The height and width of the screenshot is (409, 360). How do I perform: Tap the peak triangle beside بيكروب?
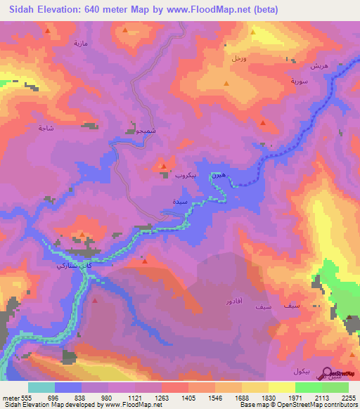164,167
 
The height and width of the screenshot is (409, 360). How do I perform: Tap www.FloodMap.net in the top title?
216,10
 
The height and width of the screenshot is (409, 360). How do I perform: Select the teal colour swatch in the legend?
41,387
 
